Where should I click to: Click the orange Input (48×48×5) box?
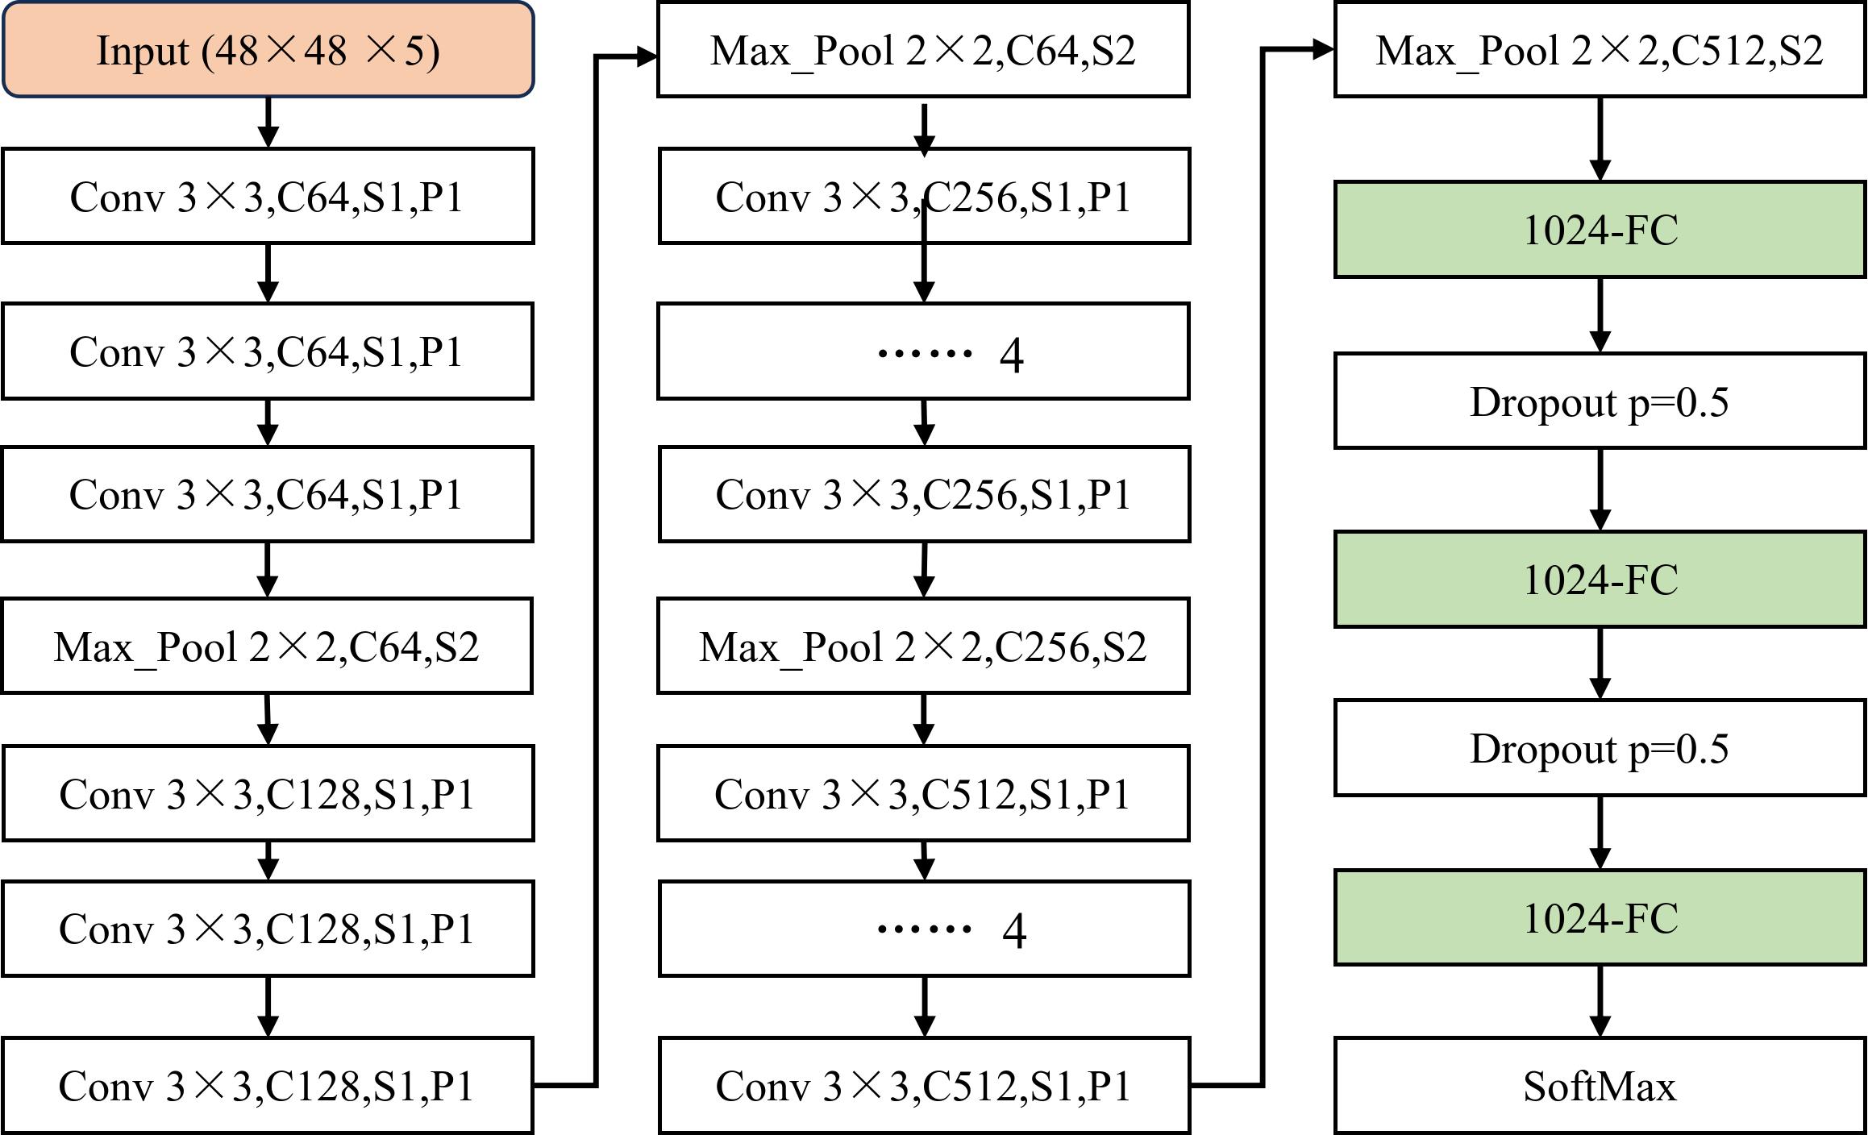click(268, 49)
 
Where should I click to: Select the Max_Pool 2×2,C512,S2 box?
click(1600, 49)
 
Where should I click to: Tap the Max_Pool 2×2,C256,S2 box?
click(923, 646)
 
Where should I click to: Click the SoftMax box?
click(1600, 1085)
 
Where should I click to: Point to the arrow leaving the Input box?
click(268, 123)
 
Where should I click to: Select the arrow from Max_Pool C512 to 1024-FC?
click(1600, 139)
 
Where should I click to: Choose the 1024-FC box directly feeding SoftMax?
click(1600, 917)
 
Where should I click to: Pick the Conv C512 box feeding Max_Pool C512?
click(924, 1085)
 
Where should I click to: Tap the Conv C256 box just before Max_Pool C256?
click(924, 493)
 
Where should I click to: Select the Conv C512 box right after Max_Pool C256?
click(923, 793)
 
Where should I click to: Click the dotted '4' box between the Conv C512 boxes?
click(924, 928)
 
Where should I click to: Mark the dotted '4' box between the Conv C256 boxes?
click(923, 351)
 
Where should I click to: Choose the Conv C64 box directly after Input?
click(268, 196)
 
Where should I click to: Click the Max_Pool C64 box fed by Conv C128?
click(923, 49)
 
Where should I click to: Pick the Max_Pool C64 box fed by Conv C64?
click(267, 646)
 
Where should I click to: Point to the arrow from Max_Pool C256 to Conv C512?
click(924, 719)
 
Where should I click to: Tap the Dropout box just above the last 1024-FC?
click(1600, 748)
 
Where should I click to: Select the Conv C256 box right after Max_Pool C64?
click(924, 196)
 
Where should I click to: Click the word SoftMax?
click(1600, 1086)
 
